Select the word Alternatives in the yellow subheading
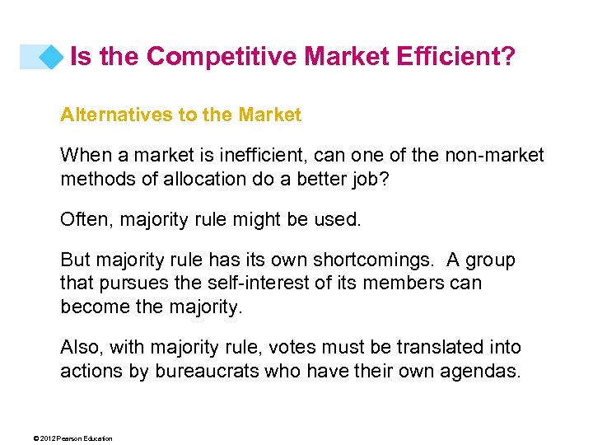115,115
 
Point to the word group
491,260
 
